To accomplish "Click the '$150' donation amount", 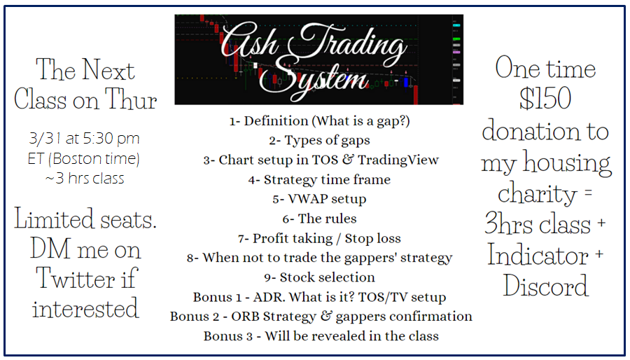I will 545,99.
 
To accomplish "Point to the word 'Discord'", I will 545,286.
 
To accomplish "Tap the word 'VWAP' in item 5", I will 300,199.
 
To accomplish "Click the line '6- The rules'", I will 319,219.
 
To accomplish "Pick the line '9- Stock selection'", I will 319,277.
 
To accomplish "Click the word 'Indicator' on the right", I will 538,256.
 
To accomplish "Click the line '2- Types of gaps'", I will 319,140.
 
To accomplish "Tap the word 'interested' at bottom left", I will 85,308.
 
